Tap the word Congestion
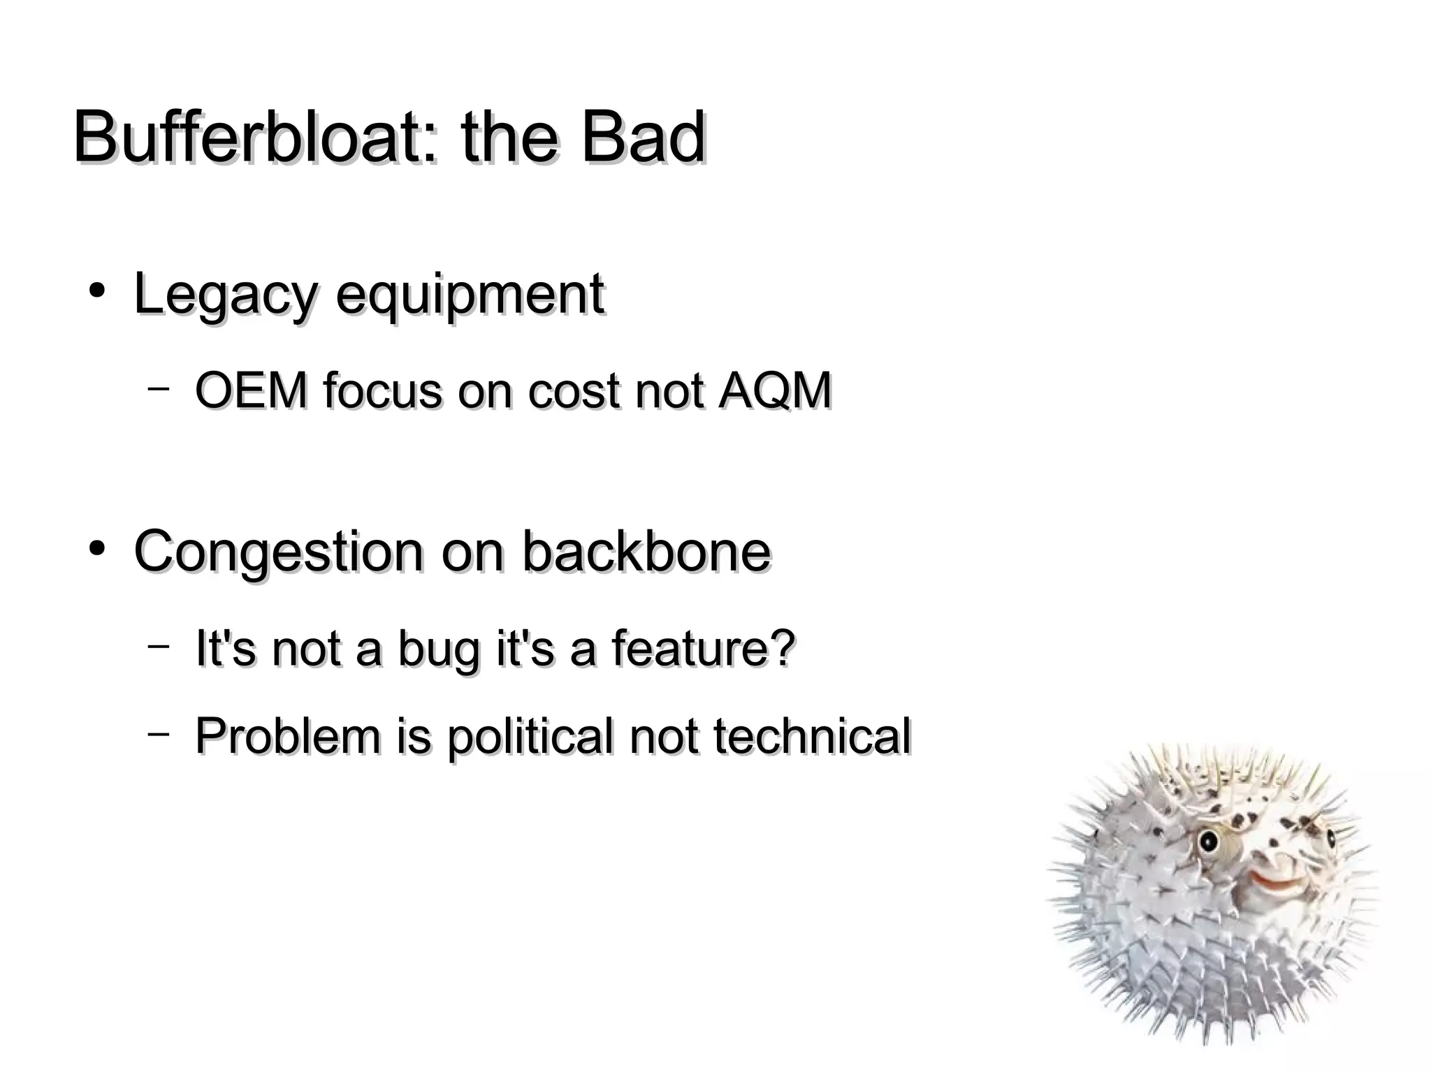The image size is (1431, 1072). (x=279, y=552)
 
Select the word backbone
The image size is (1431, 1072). (x=646, y=552)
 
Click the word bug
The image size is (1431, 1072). (x=440, y=649)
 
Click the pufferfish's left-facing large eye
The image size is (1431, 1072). (x=1207, y=842)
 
